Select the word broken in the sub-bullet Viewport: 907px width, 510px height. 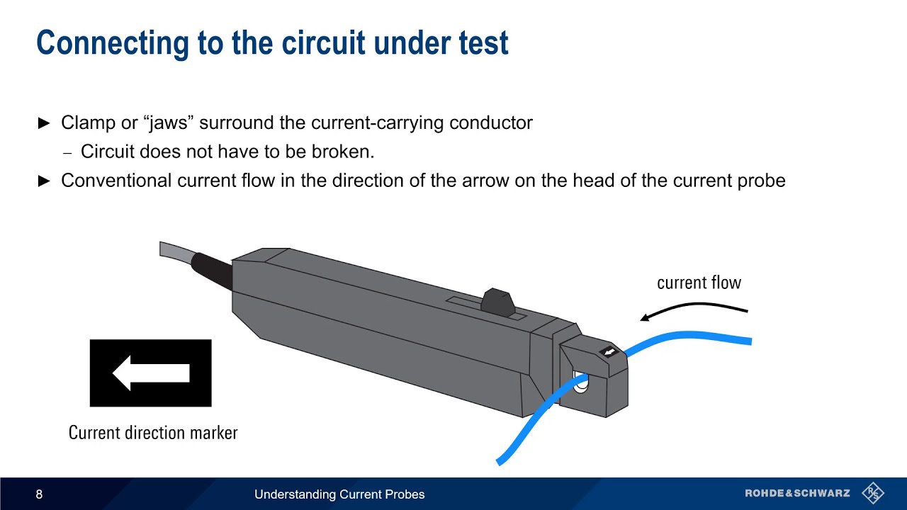347,152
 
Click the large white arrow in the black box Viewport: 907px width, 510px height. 150,373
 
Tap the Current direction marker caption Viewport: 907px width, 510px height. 153,433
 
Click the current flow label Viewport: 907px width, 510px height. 699,283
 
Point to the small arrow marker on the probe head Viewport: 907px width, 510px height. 609,352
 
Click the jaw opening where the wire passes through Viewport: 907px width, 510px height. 581,383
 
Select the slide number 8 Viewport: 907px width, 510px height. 39,494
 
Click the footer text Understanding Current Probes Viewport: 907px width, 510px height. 339,494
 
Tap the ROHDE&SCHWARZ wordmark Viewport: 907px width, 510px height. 797,494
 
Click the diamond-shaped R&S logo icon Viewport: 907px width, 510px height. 873,493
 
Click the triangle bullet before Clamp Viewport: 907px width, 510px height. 44,123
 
